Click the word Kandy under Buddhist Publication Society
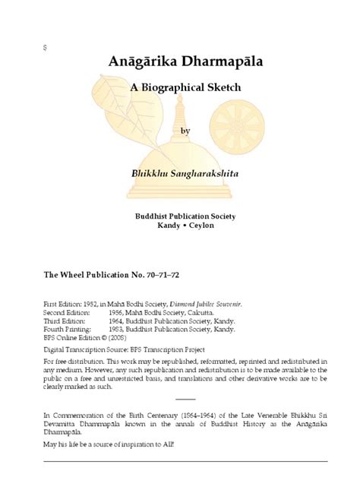point(167,226)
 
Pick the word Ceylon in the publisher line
point(199,226)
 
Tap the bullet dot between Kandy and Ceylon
point(183,226)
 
